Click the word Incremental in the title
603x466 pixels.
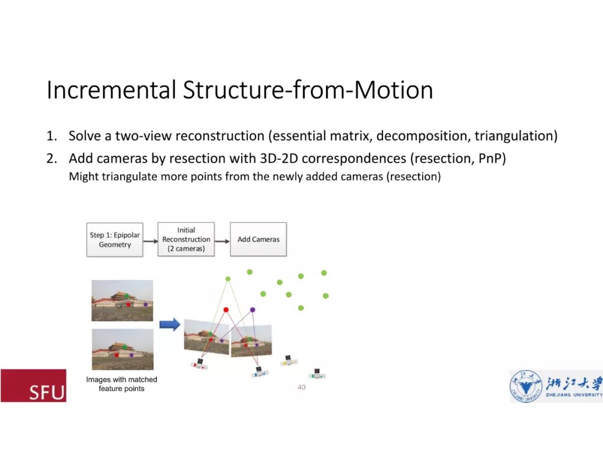pos(111,90)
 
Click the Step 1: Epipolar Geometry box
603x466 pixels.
pos(114,240)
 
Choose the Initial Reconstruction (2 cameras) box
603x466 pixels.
pos(186,239)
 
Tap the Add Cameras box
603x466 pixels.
pos(259,239)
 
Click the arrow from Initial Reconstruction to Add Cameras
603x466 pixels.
pos(222,241)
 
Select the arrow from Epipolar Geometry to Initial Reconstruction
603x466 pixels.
pos(150,241)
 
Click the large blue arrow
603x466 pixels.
pos(170,324)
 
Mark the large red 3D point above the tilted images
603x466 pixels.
pos(226,310)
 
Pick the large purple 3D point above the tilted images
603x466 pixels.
pos(252,310)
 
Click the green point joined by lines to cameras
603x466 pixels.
pos(228,278)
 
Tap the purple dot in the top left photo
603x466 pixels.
pos(146,304)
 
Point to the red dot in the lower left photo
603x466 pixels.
pos(116,354)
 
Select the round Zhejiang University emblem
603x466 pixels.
pos(525,387)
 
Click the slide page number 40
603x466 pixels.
pos(301,387)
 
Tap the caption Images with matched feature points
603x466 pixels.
pos(122,384)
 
